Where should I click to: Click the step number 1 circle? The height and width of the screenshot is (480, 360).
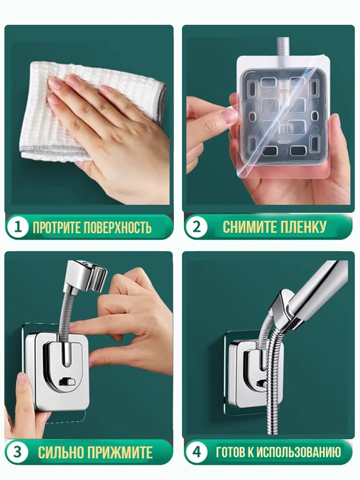[x=18, y=227]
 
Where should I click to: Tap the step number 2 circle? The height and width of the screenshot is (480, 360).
[x=196, y=227]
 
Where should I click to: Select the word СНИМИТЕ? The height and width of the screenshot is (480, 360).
[x=248, y=227]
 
